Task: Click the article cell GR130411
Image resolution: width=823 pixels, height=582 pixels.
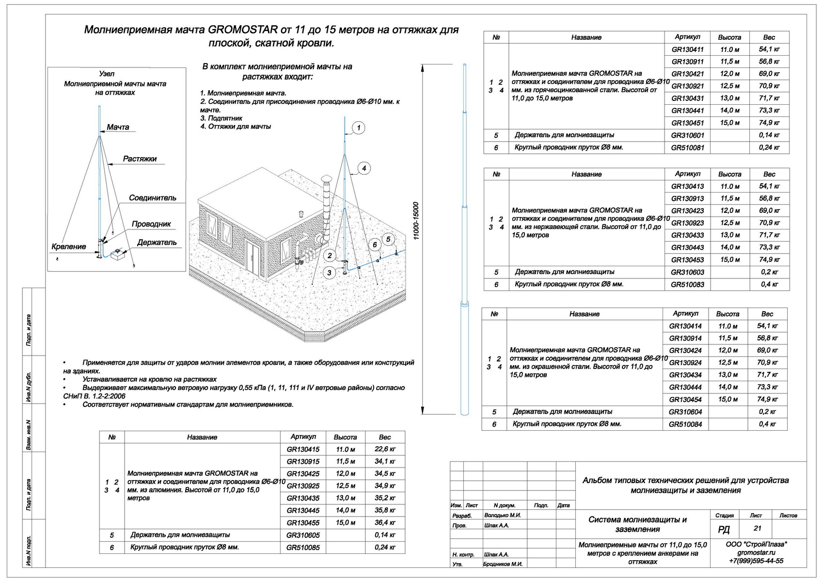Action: pyautogui.click(x=687, y=49)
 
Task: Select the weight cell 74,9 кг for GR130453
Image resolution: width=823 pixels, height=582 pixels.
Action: pyautogui.click(x=769, y=260)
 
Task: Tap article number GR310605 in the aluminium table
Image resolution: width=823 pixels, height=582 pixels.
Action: pyautogui.click(x=303, y=535)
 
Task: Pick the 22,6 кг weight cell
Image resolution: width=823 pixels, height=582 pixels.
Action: pyautogui.click(x=385, y=450)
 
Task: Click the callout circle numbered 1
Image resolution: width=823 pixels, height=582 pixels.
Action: pyautogui.click(x=359, y=128)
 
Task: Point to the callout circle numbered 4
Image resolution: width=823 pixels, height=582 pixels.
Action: pyautogui.click(x=364, y=168)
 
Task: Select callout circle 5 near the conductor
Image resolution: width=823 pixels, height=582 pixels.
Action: pyautogui.click(x=388, y=239)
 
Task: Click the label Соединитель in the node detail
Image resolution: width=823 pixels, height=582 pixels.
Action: pyautogui.click(x=152, y=198)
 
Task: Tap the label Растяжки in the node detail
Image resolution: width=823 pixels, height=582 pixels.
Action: pyautogui.click(x=140, y=159)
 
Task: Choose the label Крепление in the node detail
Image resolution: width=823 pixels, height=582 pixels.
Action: pyautogui.click(x=68, y=247)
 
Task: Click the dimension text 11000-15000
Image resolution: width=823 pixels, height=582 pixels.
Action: pyautogui.click(x=416, y=221)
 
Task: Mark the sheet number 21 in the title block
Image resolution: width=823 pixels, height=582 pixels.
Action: pyautogui.click(x=758, y=528)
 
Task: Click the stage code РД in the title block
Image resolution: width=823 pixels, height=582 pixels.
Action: pyautogui.click(x=724, y=530)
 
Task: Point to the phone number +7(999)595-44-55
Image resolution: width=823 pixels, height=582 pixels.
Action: pyautogui.click(x=756, y=561)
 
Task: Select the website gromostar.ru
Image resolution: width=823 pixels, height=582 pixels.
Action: pyautogui.click(x=756, y=552)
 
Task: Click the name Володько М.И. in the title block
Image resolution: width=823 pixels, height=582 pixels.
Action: pyautogui.click(x=502, y=515)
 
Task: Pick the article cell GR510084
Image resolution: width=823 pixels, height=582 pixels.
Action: pyautogui.click(x=685, y=425)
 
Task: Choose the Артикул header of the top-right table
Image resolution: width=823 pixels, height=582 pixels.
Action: pyautogui.click(x=687, y=37)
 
